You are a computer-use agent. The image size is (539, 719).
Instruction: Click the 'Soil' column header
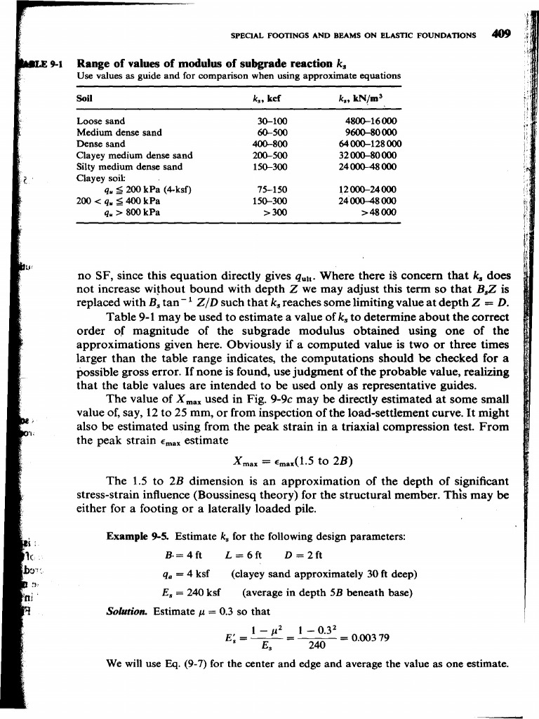pos(84,98)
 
